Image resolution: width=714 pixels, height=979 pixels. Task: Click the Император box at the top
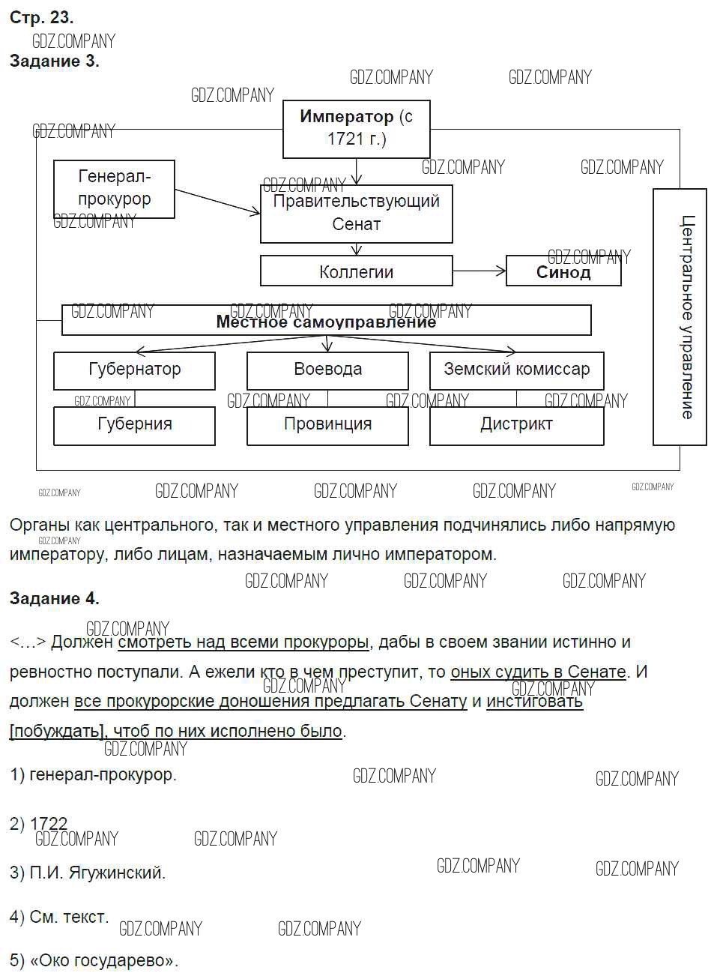(x=356, y=128)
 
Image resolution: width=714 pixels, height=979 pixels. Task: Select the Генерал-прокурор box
(x=114, y=188)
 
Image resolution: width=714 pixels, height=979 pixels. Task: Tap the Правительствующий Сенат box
(x=356, y=213)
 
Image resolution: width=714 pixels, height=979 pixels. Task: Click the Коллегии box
(x=356, y=271)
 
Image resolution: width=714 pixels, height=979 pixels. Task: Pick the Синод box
(x=563, y=271)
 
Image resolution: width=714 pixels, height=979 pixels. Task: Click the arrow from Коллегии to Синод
(x=479, y=271)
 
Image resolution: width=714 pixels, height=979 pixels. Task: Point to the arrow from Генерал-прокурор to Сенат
(x=217, y=202)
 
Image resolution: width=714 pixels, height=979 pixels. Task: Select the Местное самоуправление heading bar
(x=326, y=321)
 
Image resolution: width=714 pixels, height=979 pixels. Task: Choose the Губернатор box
(x=134, y=370)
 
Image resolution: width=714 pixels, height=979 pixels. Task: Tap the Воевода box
(x=327, y=370)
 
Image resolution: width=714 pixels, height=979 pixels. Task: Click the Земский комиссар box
(x=516, y=370)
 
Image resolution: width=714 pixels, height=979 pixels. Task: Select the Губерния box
(x=134, y=425)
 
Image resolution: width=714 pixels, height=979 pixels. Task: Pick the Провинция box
(x=327, y=425)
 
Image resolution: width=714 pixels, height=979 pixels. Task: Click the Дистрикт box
(x=516, y=425)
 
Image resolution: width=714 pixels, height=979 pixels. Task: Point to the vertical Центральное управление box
(x=680, y=316)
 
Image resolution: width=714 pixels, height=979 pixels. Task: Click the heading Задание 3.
(x=54, y=61)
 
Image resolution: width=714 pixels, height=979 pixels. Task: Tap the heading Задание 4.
(x=54, y=598)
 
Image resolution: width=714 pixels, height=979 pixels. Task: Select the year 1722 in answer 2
(x=49, y=823)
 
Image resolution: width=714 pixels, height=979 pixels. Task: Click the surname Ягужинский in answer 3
(x=117, y=873)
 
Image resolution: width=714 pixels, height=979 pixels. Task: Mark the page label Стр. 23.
(x=41, y=18)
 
